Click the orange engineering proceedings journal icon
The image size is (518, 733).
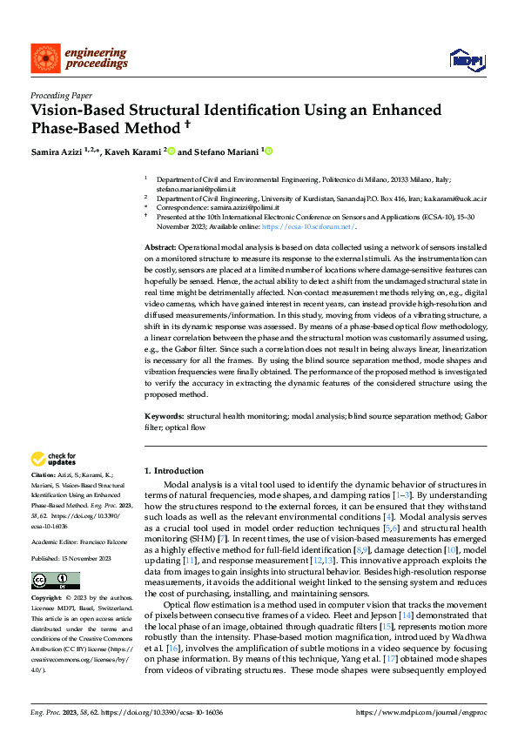pos(43,57)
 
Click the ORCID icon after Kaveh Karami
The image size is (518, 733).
pos(172,151)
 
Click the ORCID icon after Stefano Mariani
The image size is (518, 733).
pos(268,151)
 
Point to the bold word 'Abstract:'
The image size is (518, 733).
pos(163,249)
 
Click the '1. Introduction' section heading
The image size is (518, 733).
pos(174,470)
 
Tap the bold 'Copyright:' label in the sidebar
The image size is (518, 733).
pos(48,600)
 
